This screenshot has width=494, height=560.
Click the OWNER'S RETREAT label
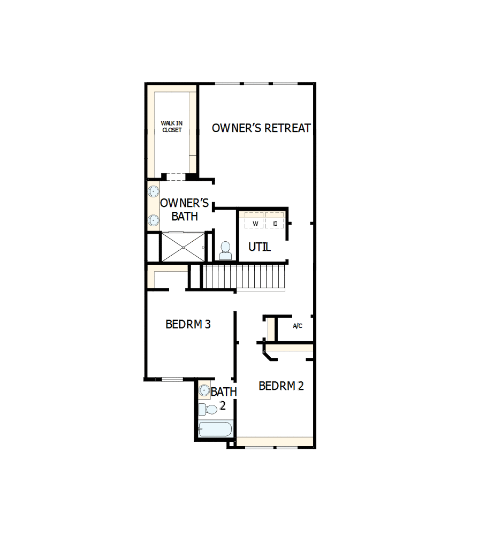261,128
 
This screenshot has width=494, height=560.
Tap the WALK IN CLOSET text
171,127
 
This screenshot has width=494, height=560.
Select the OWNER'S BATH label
185,210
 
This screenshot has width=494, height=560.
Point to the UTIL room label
260,247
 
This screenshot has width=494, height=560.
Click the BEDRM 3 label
188,324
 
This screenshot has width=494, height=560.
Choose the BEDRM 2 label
281,386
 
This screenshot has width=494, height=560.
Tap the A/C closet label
298,326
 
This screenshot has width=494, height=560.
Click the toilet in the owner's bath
225,250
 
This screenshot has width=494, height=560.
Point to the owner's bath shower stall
183,247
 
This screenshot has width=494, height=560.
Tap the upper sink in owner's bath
154,190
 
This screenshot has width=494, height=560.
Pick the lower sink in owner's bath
154,219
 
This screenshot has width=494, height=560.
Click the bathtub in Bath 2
215,429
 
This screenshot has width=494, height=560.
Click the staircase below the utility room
245,277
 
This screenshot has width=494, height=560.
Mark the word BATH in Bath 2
224,392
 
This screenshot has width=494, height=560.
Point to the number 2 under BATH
223,406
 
